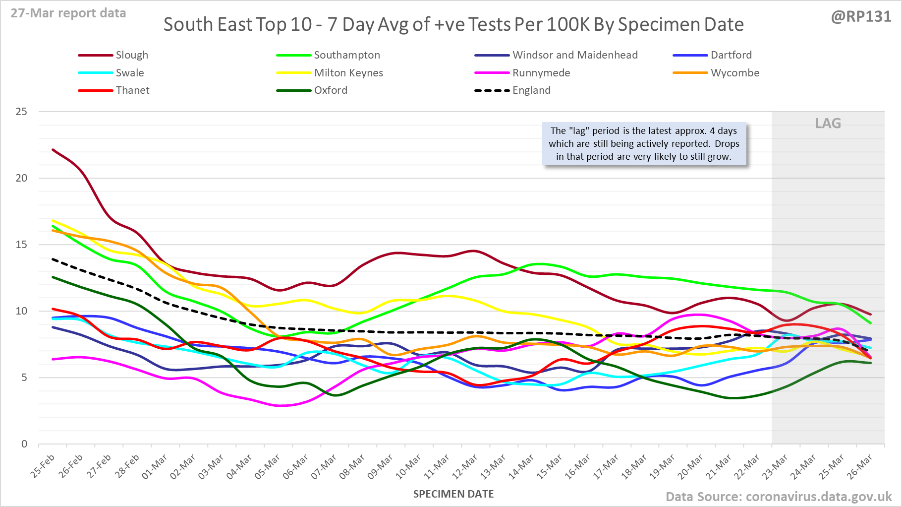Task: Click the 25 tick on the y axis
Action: tap(21, 112)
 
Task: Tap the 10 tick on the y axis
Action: tap(21, 311)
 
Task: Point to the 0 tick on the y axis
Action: tap(24, 444)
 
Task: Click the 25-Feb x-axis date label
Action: tap(42, 467)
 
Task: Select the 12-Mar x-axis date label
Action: tap(466, 467)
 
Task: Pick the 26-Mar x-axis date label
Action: tap(860, 467)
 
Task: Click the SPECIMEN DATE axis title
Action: tap(453, 494)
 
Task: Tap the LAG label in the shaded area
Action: tap(828, 124)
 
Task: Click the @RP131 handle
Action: tap(861, 17)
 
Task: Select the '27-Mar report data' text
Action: tap(68, 13)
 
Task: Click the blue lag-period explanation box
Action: tap(644, 144)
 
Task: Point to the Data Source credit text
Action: tap(778, 497)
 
